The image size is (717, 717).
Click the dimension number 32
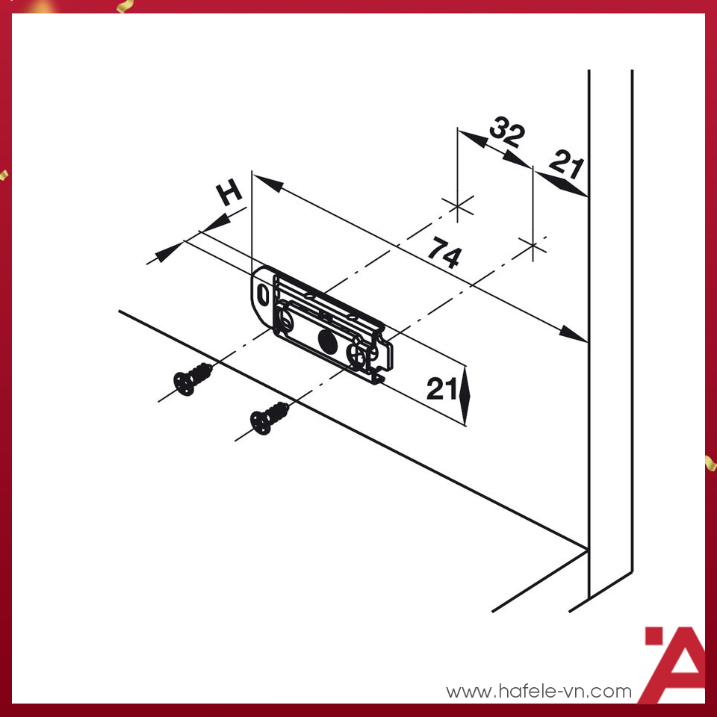(506, 132)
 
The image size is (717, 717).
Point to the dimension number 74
(444, 252)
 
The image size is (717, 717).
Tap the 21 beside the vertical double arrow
(441, 389)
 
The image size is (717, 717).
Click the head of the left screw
(184, 383)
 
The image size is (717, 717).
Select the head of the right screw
(261, 423)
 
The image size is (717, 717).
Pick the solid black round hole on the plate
(327, 341)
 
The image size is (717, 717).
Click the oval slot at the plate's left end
(264, 294)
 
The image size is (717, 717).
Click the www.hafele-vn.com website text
(539, 691)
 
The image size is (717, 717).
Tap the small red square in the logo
(654, 636)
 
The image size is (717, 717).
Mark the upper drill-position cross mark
(458, 207)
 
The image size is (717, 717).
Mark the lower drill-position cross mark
(533, 247)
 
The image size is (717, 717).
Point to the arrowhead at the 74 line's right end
(573, 334)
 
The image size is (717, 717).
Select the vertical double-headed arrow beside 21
(465, 395)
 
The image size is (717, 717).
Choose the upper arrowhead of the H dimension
(217, 223)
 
